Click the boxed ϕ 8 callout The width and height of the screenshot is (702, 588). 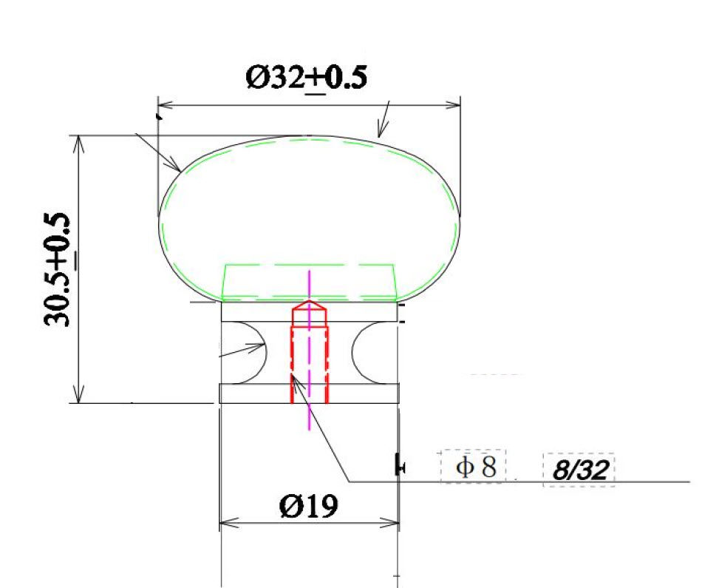[474, 467]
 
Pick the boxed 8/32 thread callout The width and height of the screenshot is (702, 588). [579, 470]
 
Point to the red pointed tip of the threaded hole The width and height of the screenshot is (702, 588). [309, 305]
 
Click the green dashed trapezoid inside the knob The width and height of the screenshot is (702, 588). [310, 282]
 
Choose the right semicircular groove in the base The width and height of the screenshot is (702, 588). [367, 346]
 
